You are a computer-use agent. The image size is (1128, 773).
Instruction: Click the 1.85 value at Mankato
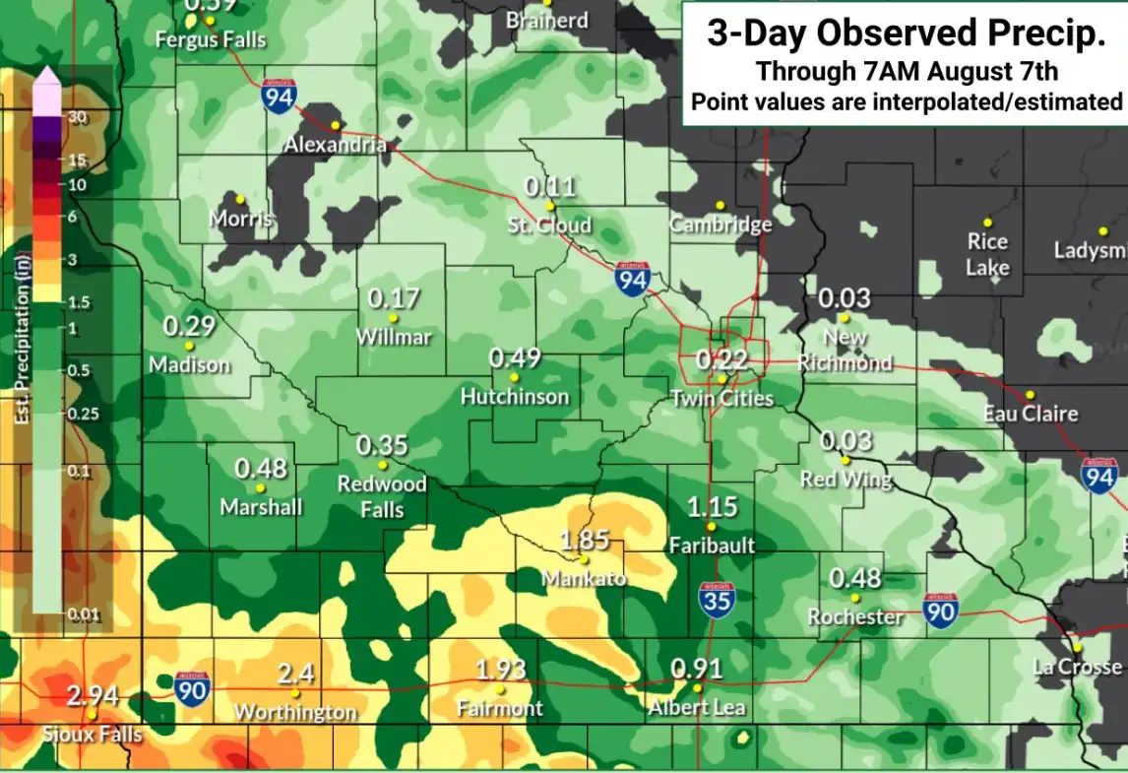point(585,541)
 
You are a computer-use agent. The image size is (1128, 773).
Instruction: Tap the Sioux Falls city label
point(93,735)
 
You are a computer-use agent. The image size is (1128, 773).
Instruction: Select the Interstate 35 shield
point(718,600)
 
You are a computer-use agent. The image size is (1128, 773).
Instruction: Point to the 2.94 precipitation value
point(93,697)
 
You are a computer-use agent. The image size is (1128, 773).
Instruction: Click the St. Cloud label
point(549,225)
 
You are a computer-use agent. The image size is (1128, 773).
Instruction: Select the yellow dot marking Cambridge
point(721,205)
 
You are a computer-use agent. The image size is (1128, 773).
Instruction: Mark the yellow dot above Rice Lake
point(987,222)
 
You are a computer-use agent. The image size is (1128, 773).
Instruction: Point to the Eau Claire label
point(1031,415)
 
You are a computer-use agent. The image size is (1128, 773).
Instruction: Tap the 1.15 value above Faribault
point(712,508)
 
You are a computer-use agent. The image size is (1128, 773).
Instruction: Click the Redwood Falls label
point(382,496)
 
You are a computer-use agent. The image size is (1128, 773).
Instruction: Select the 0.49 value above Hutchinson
point(515,358)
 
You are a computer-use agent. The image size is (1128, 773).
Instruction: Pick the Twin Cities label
point(721,399)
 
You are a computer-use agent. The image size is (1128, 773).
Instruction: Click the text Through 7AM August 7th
point(907,71)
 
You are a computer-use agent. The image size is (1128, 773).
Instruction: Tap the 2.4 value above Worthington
point(295,675)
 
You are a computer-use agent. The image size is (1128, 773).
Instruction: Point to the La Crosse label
point(1077,667)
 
